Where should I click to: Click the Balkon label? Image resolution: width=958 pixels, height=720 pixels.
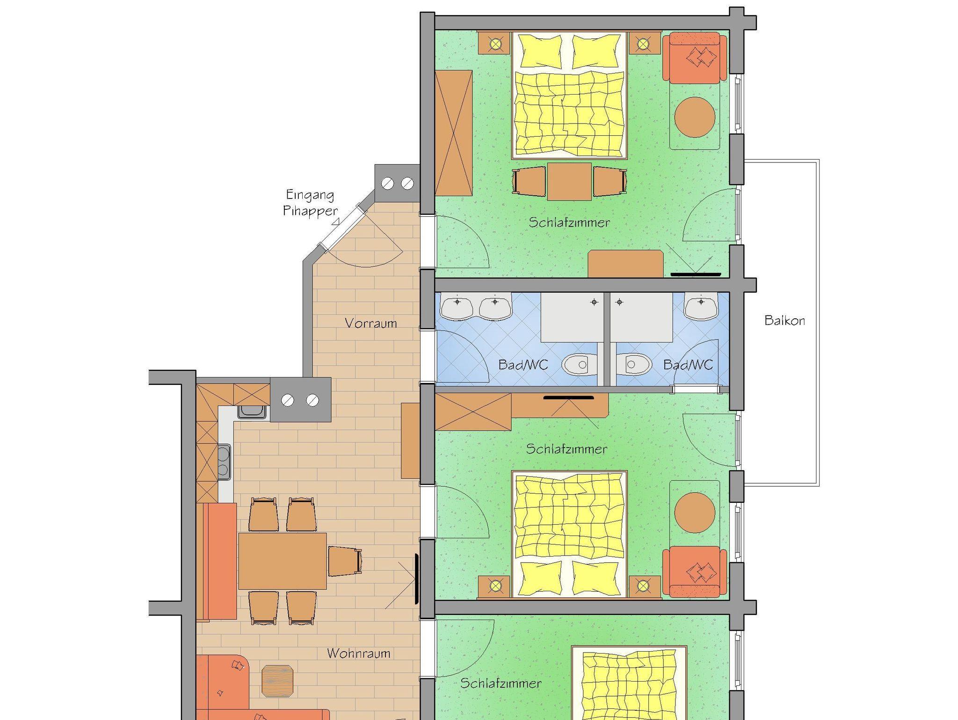coord(784,321)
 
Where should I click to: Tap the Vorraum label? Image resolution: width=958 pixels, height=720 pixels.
coord(370,323)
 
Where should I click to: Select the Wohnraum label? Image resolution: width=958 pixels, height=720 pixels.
coord(358,653)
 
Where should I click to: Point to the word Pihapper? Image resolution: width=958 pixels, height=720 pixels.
coord(310,211)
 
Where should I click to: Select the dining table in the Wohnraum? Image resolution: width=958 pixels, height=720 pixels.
coord(282,561)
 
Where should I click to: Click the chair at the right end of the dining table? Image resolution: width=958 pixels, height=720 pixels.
coord(345,561)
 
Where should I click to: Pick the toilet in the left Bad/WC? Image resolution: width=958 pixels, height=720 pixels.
coord(579,364)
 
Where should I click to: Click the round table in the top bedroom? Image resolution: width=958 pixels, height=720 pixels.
coord(695,117)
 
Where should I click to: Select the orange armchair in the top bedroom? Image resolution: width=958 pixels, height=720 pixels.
coord(695,58)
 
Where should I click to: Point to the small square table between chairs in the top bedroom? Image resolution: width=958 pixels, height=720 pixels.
coord(569,182)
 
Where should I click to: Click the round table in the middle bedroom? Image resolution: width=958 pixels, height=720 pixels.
coord(695,512)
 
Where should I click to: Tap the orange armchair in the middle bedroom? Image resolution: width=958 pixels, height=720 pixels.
coord(695,572)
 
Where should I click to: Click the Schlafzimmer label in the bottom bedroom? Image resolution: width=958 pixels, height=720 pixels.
coord(501,683)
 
